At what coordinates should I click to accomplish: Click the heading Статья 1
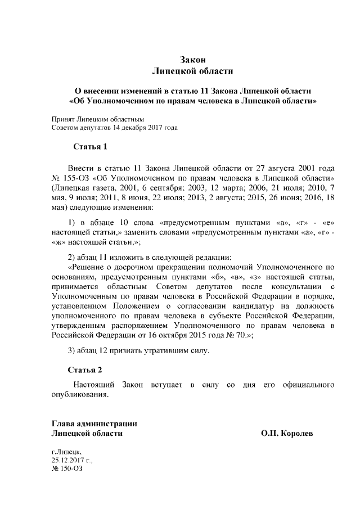click(90, 147)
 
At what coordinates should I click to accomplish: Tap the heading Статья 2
click(85, 370)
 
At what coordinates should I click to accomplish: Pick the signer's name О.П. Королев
click(287, 434)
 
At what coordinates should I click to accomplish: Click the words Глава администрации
click(94, 424)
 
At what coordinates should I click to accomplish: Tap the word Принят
click(63, 119)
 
